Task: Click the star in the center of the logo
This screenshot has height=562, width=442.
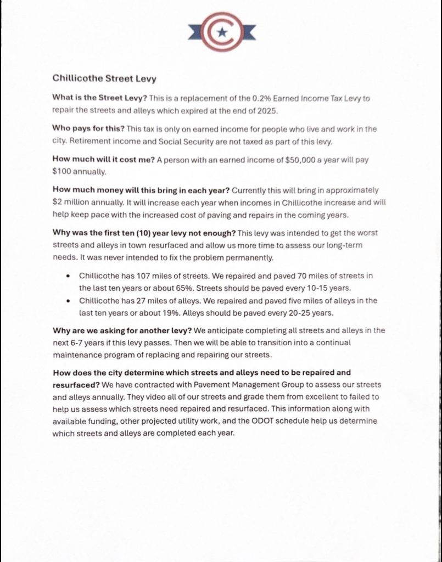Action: click(221, 32)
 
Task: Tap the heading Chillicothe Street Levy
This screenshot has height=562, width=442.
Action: click(104, 78)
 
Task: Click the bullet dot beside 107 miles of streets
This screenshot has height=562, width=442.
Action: click(67, 276)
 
